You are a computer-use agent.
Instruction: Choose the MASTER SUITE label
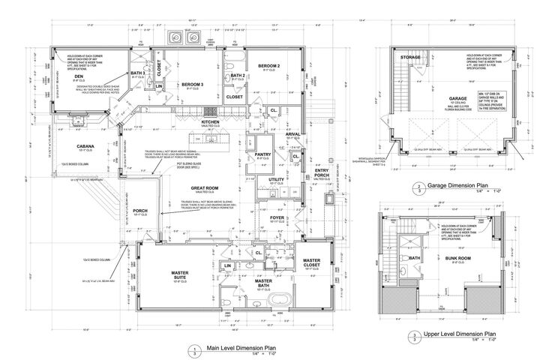[x=179, y=275]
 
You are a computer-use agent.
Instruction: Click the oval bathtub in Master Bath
[x=277, y=303]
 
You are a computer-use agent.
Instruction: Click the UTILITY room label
[x=277, y=181]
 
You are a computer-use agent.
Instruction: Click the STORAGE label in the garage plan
[x=410, y=56]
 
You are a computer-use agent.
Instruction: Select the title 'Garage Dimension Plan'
[x=458, y=184]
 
